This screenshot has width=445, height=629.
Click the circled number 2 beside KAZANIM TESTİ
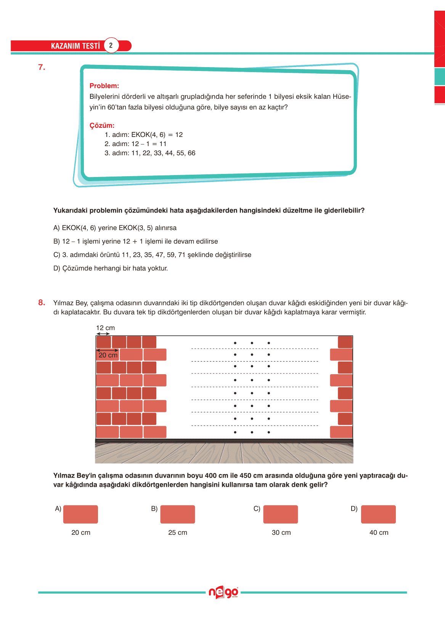[x=111, y=45]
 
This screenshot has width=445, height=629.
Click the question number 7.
[x=42, y=68]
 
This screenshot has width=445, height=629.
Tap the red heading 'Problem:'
[x=104, y=86]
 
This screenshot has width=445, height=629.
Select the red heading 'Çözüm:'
[x=102, y=125]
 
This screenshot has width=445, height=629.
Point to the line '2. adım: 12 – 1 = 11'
[x=135, y=144]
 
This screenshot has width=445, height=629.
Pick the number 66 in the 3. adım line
[x=191, y=153]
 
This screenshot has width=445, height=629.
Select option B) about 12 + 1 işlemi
[x=135, y=241]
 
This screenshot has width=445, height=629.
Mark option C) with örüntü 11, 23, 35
[x=152, y=255]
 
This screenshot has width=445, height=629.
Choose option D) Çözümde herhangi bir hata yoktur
[x=111, y=268]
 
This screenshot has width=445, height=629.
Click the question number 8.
[x=42, y=303]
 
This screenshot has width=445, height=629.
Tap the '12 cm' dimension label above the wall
[x=105, y=328]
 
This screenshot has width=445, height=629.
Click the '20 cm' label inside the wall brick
[x=108, y=355]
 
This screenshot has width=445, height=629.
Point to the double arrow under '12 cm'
[x=103, y=334]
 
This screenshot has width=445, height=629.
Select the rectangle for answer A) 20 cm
[x=80, y=514]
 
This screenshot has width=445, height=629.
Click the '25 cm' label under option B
[x=178, y=532]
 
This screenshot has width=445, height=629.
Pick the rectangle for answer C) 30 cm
[x=281, y=514]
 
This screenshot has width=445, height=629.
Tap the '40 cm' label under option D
[x=379, y=532]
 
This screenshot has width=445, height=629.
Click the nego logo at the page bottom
[x=223, y=592]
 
